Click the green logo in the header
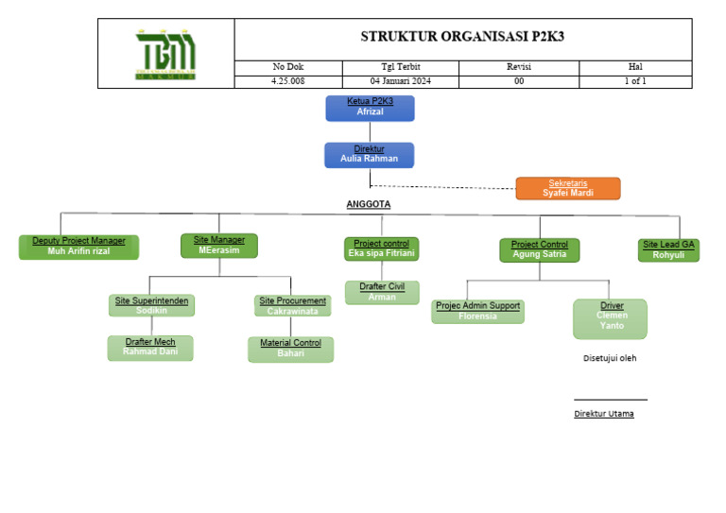pyautogui.click(x=165, y=54)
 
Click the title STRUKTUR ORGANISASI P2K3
pyautogui.click(x=462, y=37)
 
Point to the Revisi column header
pyautogui.click(x=519, y=67)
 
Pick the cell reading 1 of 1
pyautogui.click(x=634, y=81)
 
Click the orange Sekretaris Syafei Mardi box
pyautogui.click(x=568, y=188)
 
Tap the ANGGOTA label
pyautogui.click(x=368, y=204)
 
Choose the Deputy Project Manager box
pyautogui.click(x=78, y=247)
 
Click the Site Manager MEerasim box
pyautogui.click(x=218, y=246)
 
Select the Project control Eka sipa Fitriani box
pyautogui.click(x=381, y=248)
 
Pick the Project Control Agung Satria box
pyautogui.click(x=539, y=249)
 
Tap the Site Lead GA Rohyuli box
pyautogui.click(x=668, y=249)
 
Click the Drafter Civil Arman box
pyautogui.click(x=381, y=292)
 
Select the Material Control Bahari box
pyautogui.click(x=290, y=349)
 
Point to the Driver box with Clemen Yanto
pyautogui.click(x=611, y=318)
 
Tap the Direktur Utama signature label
pyautogui.click(x=604, y=414)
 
